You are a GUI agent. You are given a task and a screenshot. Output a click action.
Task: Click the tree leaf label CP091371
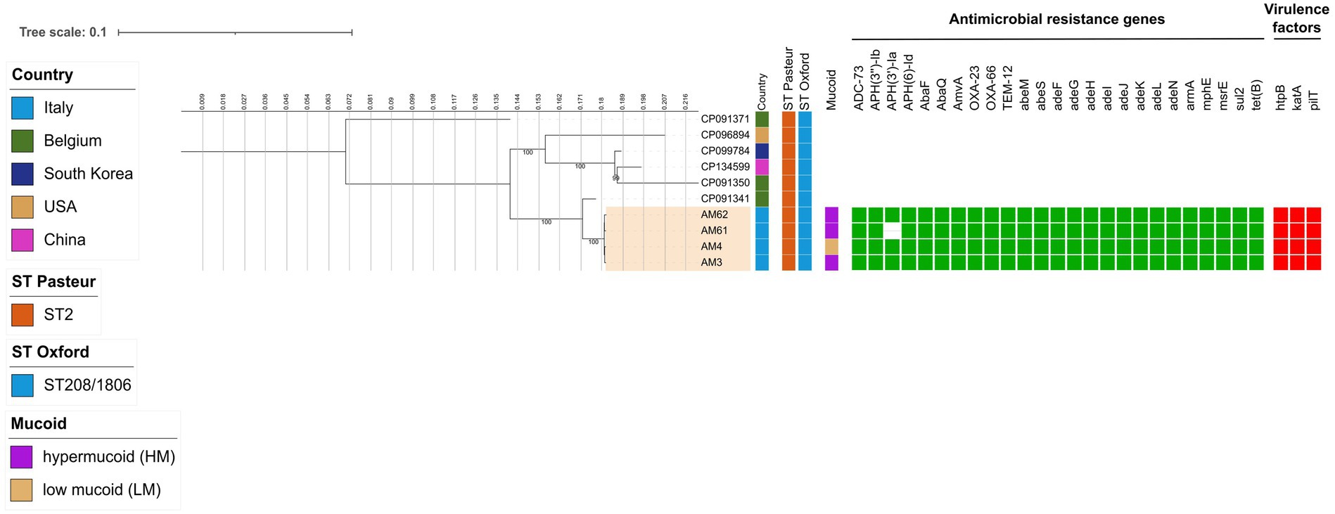[x=724, y=119]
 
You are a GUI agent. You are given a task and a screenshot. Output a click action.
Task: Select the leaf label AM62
[x=714, y=214]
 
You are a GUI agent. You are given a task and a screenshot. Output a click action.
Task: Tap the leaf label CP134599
[x=724, y=167]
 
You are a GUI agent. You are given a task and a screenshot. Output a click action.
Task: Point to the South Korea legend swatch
[x=23, y=174]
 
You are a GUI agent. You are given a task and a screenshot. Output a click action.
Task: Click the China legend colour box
[x=23, y=240]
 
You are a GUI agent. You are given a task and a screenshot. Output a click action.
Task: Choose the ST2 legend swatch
[x=23, y=314]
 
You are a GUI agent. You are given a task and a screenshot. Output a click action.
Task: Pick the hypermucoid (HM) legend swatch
[x=22, y=457]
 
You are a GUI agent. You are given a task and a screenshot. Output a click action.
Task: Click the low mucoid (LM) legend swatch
[x=22, y=490]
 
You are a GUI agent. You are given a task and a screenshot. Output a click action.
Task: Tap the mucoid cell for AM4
[x=831, y=247]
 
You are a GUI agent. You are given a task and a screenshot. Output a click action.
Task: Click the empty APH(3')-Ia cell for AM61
[x=892, y=231]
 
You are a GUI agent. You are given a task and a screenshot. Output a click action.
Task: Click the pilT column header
[x=1313, y=98]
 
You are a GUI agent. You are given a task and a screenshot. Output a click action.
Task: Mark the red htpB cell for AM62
[x=1280, y=214]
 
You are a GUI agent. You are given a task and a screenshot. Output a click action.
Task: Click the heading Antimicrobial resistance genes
[x=1056, y=19]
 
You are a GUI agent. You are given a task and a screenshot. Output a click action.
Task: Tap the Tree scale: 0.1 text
[x=63, y=32]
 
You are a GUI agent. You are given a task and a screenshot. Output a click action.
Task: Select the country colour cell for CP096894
[x=762, y=135]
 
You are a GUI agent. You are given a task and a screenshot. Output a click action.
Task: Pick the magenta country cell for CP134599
[x=762, y=167]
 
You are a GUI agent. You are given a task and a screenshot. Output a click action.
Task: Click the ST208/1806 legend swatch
[x=23, y=385]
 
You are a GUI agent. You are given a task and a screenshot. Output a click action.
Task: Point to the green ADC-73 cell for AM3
[x=859, y=262]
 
